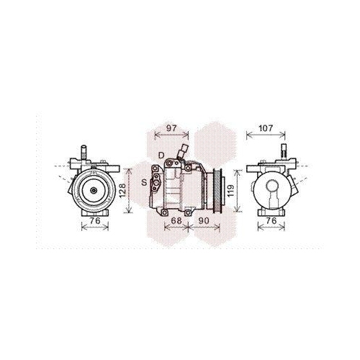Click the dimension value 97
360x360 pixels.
tap(171, 128)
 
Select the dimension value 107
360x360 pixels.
tap(266, 129)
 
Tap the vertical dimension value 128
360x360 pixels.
tap(122, 189)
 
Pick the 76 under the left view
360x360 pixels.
tap(94, 221)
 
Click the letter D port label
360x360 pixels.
tap(162, 155)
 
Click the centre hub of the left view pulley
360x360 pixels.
tap(94, 190)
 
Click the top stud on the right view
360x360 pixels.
tap(283, 152)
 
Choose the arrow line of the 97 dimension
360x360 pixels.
tap(171, 135)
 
